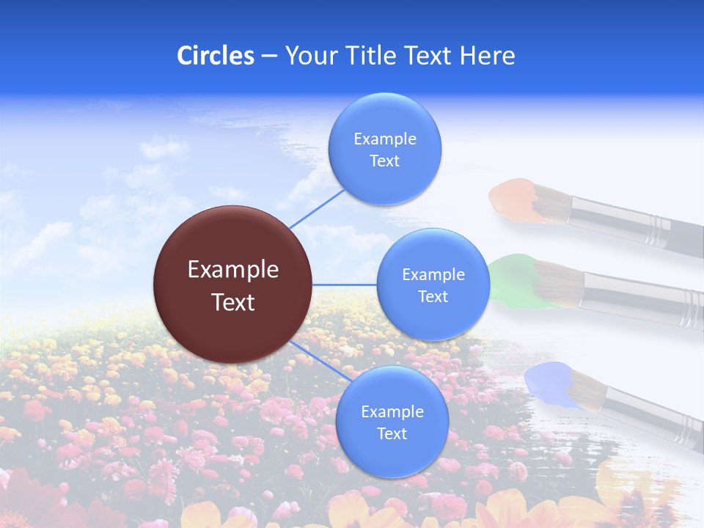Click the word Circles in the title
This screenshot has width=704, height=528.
pyautogui.click(x=216, y=56)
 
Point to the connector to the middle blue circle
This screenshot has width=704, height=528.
pyautogui.click(x=345, y=285)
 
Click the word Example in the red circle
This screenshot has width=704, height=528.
pyautogui.click(x=233, y=270)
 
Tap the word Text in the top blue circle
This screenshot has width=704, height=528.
pyautogui.click(x=384, y=161)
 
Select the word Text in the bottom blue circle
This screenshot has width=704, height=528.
pyautogui.click(x=392, y=433)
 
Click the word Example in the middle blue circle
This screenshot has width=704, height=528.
pyautogui.click(x=433, y=274)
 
